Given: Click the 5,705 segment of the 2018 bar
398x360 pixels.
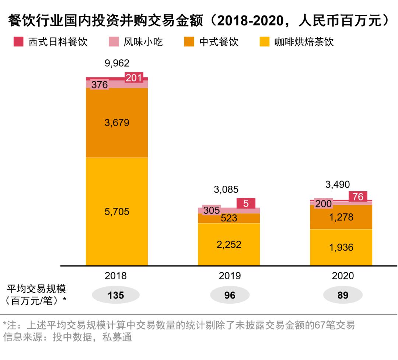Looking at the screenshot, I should [117, 212].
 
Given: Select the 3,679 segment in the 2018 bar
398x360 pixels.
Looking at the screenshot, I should [117, 123].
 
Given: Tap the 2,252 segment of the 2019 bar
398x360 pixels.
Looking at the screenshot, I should [229, 244].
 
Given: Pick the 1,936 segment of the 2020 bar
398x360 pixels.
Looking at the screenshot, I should [341, 247].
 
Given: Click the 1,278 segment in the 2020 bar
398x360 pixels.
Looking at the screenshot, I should [341, 217].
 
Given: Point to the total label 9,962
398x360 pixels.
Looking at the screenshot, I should [117, 63].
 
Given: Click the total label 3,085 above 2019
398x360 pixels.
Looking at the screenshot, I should [226, 190].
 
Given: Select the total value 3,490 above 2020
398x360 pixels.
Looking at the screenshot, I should [338, 184].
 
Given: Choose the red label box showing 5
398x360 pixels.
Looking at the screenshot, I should [246, 203].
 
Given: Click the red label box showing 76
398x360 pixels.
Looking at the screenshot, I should [358, 197].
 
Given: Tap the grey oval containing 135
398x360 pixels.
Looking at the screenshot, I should [116, 295].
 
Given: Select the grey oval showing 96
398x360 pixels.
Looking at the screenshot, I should [230, 295].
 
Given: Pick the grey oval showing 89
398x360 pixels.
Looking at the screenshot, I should [343, 295].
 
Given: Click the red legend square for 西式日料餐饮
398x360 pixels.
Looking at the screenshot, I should [18, 42].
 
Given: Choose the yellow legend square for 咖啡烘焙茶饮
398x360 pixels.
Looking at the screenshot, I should [264, 42].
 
